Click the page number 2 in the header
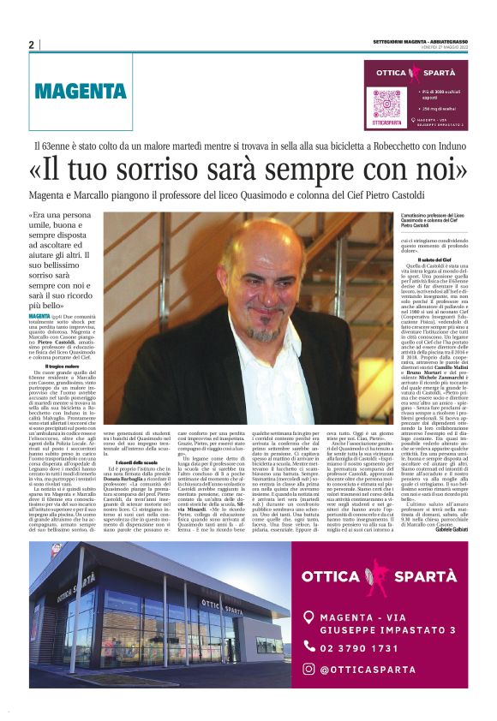(32, 45)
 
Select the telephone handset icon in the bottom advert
(308, 648)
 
